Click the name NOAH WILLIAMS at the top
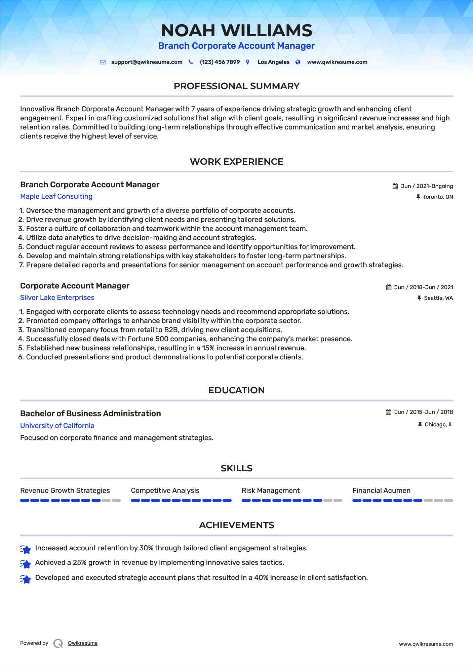tap(236, 31)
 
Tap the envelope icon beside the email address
tap(103, 62)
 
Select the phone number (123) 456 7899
tap(220, 62)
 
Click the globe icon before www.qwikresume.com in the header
tap(298, 62)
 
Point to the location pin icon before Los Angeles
tap(248, 62)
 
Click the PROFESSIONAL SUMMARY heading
tap(236, 86)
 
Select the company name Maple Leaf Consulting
tap(56, 196)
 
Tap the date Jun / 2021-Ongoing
tap(427, 186)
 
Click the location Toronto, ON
tap(438, 197)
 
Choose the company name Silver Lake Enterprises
tap(57, 298)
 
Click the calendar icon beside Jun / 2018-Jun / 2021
tap(389, 287)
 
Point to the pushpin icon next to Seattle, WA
tap(419, 298)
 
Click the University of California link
tap(57, 426)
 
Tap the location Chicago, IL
tap(439, 425)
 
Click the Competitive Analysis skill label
tap(165, 490)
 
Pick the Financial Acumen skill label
tap(381, 490)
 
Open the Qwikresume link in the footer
tap(83, 643)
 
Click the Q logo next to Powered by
tap(58, 643)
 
